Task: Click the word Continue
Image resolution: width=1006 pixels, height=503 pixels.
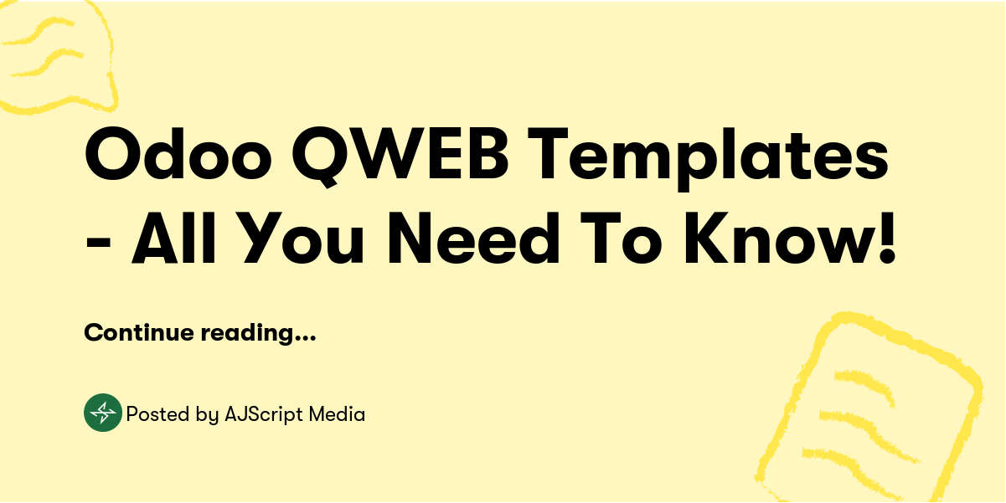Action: click(x=138, y=332)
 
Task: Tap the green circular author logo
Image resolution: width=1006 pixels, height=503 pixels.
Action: click(x=103, y=413)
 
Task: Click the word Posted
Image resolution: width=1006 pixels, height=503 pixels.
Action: click(x=153, y=413)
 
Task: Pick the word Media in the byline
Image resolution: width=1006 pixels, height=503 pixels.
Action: click(x=337, y=413)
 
